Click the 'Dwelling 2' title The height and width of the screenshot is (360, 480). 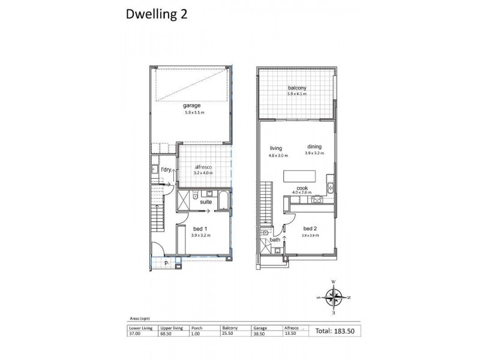coord(156,15)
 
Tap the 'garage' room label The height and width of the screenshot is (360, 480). coord(192,106)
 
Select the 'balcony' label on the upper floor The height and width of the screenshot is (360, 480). coord(296,88)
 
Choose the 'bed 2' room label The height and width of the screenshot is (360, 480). coord(310,229)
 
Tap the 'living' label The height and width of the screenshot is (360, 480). coord(276,148)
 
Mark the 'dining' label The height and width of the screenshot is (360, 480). coord(314,147)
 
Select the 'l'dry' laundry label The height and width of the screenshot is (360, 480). coord(166,170)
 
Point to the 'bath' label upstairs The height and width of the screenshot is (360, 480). coord(274,241)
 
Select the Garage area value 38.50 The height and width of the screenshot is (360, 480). coord(259,334)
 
